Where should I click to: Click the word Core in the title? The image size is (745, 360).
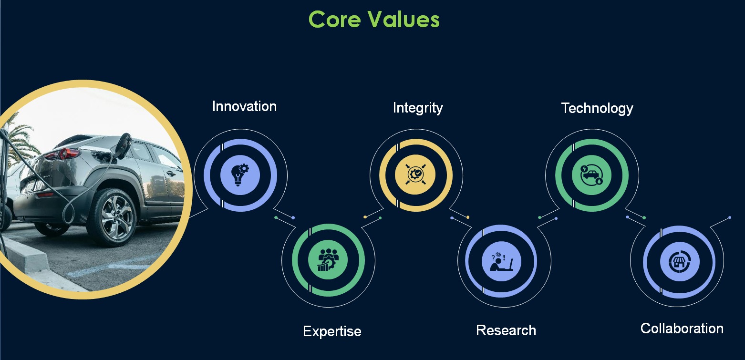tap(335, 19)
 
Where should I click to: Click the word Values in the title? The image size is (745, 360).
tap(404, 19)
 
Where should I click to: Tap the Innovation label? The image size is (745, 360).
tap(245, 106)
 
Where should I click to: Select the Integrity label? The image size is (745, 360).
tap(418, 108)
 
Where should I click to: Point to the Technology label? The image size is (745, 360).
tap(597, 108)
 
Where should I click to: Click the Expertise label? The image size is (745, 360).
tap(332, 331)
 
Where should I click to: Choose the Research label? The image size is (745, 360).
tap(506, 330)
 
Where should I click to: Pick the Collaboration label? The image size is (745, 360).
tap(682, 329)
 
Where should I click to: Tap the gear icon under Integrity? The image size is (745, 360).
tap(416, 174)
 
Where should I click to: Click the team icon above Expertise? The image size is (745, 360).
tap(328, 259)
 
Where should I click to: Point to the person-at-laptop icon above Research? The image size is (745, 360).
tap(501, 262)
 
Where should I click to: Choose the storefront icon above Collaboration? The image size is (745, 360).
tap(680, 262)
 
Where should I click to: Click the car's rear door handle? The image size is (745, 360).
tap(171, 173)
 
